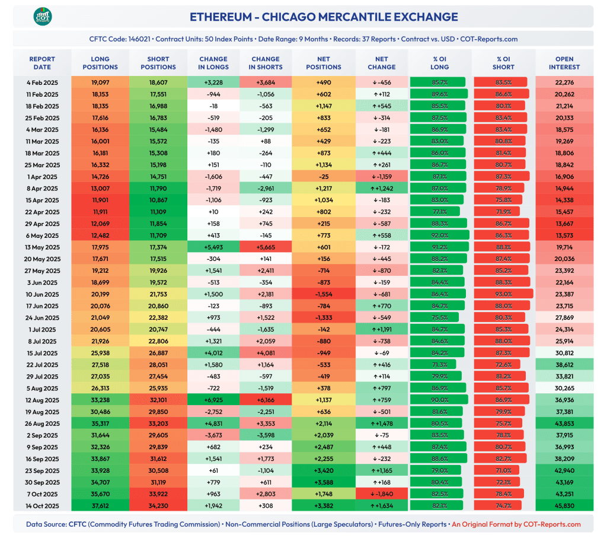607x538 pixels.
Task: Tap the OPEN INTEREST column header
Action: (x=564, y=63)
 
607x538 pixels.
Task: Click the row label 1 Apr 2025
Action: (x=42, y=177)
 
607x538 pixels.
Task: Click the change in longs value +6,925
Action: (x=213, y=400)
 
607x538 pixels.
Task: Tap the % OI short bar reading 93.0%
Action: (x=503, y=294)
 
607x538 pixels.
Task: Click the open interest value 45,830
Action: (x=564, y=506)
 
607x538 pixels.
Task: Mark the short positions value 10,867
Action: (x=158, y=200)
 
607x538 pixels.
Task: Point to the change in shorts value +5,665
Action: (x=266, y=247)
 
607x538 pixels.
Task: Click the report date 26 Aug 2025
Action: (x=42, y=424)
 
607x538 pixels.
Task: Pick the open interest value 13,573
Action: (x=564, y=235)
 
